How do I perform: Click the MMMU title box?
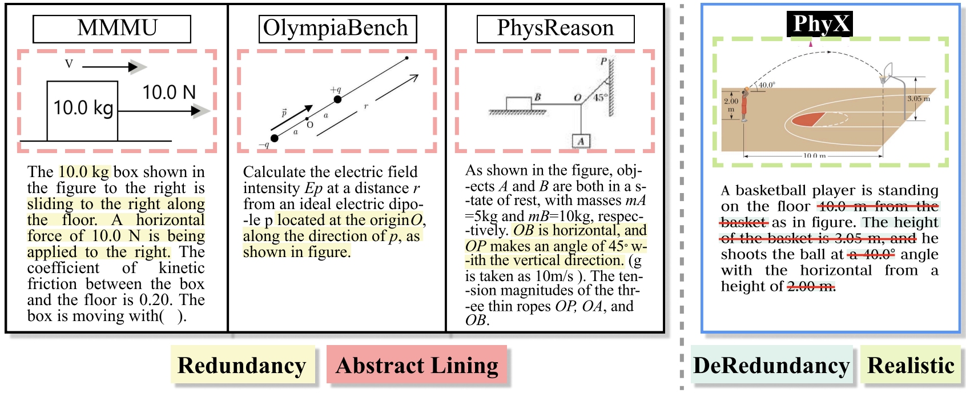click(112, 29)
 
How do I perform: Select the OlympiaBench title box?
click(337, 29)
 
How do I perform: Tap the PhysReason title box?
click(555, 29)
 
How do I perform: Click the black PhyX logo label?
click(819, 24)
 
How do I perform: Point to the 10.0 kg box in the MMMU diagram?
click(82, 110)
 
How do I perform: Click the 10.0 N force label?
click(169, 92)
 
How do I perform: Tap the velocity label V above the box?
click(69, 64)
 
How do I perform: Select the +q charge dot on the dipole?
click(337, 99)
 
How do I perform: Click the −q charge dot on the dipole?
click(275, 138)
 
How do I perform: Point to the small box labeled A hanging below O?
click(581, 141)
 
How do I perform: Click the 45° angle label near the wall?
click(599, 98)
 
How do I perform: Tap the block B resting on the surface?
click(518, 103)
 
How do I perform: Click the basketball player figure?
click(744, 105)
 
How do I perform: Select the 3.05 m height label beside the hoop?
click(919, 99)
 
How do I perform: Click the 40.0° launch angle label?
click(767, 85)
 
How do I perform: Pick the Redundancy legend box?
click(242, 365)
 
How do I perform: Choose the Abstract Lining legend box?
click(417, 365)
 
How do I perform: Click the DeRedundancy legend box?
click(771, 365)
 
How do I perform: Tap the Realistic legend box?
click(911, 365)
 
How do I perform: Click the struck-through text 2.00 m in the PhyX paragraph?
click(810, 286)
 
